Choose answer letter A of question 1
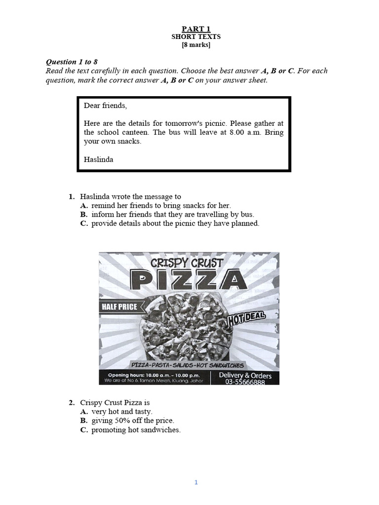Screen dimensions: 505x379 84,205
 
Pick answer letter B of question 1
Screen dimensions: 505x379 84,214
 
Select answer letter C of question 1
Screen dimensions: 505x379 84,223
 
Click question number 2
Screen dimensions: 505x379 72,402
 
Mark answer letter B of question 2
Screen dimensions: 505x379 84,420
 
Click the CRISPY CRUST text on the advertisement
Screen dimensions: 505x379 187,262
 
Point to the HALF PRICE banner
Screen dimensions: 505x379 119,307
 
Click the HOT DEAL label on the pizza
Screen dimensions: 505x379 244,319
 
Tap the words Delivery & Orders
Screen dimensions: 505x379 245,375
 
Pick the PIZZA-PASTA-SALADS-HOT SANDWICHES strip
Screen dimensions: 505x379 188,364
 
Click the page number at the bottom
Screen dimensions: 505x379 196,469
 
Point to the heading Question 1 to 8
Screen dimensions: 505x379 72,62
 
